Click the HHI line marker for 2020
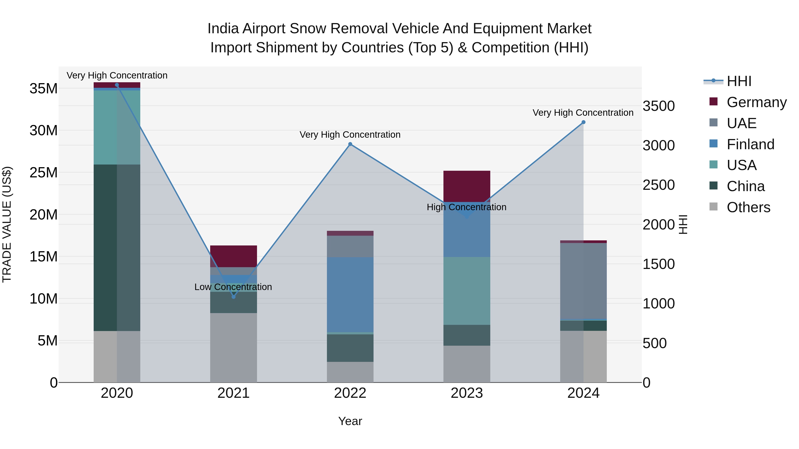pyautogui.click(x=117, y=85)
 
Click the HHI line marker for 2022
pyautogui.click(x=350, y=144)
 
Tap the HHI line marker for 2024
pyautogui.click(x=583, y=122)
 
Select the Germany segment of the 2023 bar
pyautogui.click(x=467, y=186)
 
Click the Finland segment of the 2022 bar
pyautogui.click(x=350, y=294)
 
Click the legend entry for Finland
pyautogui.click(x=750, y=144)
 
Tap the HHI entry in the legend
pyautogui.click(x=739, y=81)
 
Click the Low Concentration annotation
pyautogui.click(x=233, y=287)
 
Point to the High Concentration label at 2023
pyautogui.click(x=467, y=207)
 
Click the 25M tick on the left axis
pyautogui.click(x=44, y=173)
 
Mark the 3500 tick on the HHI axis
pyautogui.click(x=659, y=106)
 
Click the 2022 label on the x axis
pyautogui.click(x=350, y=393)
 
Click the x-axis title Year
pyautogui.click(x=350, y=421)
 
